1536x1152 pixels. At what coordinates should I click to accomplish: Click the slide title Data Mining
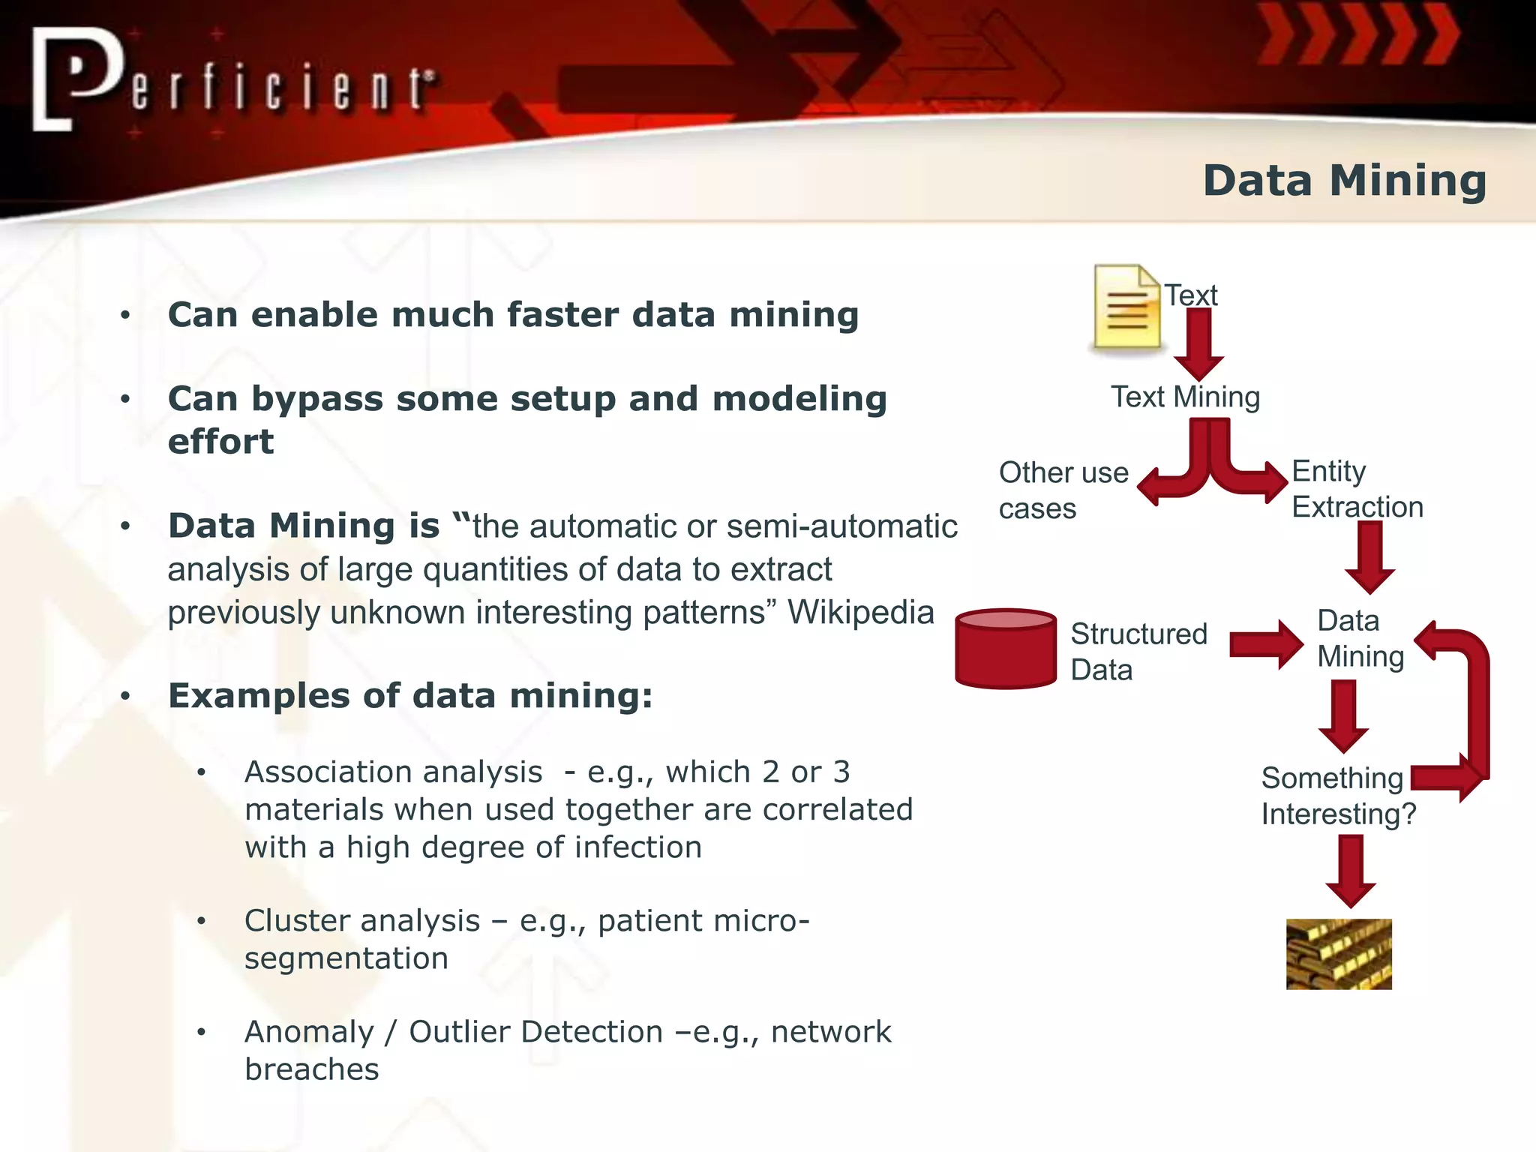(x=1344, y=181)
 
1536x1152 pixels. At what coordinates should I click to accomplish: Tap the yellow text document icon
(x=1126, y=307)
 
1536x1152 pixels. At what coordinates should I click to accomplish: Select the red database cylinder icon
(x=1006, y=649)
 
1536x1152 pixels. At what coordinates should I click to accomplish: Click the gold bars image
(x=1339, y=954)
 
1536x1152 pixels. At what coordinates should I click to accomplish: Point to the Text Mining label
(x=1185, y=397)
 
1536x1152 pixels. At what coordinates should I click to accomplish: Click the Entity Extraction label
(x=1356, y=489)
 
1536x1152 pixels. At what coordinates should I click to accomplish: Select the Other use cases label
(x=1063, y=490)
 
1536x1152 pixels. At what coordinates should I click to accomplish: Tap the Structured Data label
(x=1138, y=651)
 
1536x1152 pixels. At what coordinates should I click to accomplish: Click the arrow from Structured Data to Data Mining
(x=1266, y=644)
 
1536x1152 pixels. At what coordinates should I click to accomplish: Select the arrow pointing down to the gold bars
(x=1351, y=870)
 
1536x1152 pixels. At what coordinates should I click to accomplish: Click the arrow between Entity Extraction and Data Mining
(x=1370, y=556)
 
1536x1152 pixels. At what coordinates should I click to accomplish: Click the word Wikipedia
(x=860, y=612)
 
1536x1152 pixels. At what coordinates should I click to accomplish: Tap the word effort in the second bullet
(x=220, y=442)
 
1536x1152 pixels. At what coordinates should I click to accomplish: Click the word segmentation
(x=346, y=958)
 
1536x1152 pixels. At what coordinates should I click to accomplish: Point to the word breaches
(x=311, y=1069)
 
